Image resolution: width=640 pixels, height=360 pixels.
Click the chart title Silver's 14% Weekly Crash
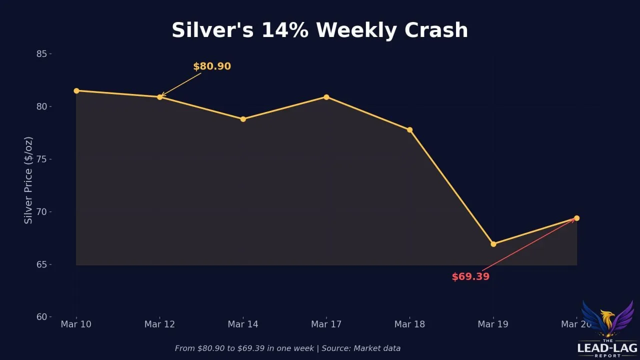320,30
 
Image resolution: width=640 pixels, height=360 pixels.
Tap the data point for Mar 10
76,91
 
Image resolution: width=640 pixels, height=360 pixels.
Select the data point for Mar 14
243,119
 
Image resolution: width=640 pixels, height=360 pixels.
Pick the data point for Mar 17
326,97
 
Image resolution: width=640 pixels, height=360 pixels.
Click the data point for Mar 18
409,130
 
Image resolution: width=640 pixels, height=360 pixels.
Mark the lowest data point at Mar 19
493,244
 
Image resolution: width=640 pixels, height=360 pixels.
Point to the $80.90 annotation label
212,66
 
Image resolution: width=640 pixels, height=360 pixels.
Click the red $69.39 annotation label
470,277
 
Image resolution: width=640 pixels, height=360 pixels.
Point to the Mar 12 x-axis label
159,324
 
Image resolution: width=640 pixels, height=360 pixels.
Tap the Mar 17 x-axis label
326,324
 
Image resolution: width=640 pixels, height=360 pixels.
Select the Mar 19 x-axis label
493,324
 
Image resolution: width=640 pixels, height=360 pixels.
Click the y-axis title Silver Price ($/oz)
28,180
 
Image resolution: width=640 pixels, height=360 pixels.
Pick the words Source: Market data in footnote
361,348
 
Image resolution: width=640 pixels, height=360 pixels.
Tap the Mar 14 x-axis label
243,324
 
